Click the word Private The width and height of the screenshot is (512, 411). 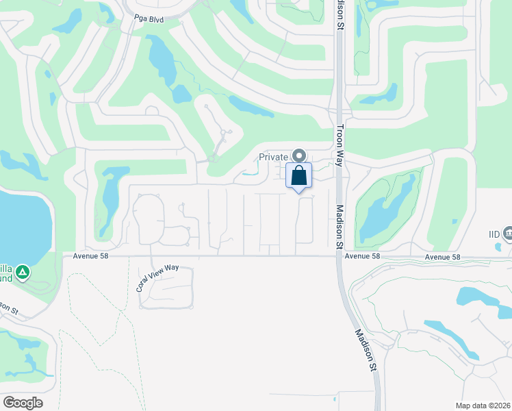click(x=273, y=156)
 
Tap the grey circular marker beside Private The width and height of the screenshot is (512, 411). click(x=298, y=155)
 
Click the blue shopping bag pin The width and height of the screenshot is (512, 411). click(x=298, y=175)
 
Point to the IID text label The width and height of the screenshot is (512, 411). click(x=494, y=234)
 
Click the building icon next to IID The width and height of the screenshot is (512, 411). click(x=507, y=234)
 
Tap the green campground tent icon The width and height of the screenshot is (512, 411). click(x=23, y=273)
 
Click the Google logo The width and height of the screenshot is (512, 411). click(x=23, y=402)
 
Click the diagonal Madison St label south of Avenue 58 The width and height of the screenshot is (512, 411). click(x=366, y=349)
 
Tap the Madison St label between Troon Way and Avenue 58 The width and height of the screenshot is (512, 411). click(x=338, y=225)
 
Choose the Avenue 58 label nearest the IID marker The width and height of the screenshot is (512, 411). click(x=441, y=257)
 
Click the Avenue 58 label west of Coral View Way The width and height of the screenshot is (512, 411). click(x=91, y=256)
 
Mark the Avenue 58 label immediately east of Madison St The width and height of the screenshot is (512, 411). click(x=362, y=256)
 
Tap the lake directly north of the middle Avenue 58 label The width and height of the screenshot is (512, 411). click(x=387, y=212)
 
